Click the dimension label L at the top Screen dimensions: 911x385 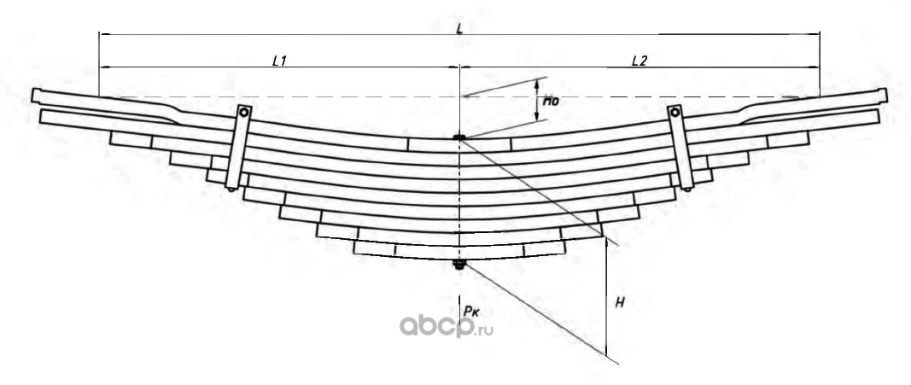[460, 28]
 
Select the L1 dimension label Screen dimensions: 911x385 [279, 61]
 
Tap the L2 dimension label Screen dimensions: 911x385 [639, 61]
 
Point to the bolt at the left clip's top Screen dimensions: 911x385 [243, 112]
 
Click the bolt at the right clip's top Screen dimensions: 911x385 [674, 112]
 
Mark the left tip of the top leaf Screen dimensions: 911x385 [34, 95]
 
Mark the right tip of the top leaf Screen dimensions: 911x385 [885, 95]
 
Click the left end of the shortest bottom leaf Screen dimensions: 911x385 [353, 248]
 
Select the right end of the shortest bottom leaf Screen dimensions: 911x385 [566, 248]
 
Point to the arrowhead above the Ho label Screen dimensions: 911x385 [538, 82]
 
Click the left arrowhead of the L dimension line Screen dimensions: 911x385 [102, 34]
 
